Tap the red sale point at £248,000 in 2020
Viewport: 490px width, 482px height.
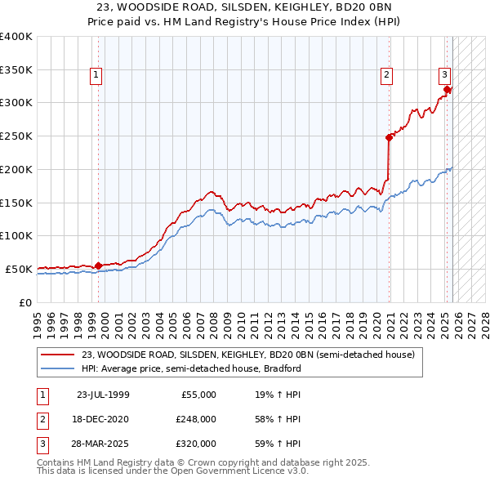pos(390,137)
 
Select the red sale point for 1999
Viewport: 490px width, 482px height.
pos(99,266)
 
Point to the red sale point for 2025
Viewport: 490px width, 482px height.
pos(448,90)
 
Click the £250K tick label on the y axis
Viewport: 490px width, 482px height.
pos(16,136)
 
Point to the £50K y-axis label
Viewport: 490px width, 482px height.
pos(19,269)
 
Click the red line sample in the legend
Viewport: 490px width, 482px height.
pos(58,355)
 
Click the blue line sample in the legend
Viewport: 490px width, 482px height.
pos(58,368)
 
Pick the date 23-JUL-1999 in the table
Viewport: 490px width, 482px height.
pos(102,395)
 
